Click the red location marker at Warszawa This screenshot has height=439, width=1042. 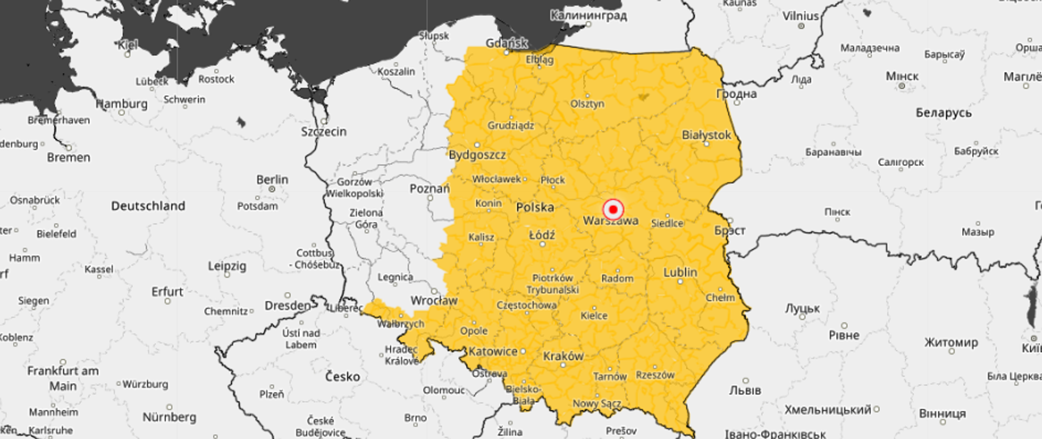coord(613,209)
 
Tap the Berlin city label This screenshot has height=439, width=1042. coord(272,179)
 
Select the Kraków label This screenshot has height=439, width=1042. coord(563,356)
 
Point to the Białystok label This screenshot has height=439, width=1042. coord(706,135)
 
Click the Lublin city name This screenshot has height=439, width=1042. coord(680,272)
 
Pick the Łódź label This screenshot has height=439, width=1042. coord(542,235)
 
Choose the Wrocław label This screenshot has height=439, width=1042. coord(434,300)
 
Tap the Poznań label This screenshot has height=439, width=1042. coord(429,189)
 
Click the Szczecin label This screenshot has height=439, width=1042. coord(323,132)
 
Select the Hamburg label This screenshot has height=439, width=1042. coord(122,104)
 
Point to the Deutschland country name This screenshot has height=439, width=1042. coord(148,206)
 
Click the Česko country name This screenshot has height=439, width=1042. coord(342,377)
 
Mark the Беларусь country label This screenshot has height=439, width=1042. coord(943,113)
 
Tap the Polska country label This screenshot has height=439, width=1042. coord(535,207)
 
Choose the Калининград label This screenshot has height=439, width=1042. coord(588,15)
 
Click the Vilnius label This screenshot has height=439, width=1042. coord(800,16)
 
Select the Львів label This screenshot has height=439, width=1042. coord(745,390)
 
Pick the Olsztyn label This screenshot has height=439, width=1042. coord(587,104)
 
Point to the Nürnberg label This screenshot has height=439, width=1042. coord(169,417)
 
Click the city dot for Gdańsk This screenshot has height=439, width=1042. coord(507,53)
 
